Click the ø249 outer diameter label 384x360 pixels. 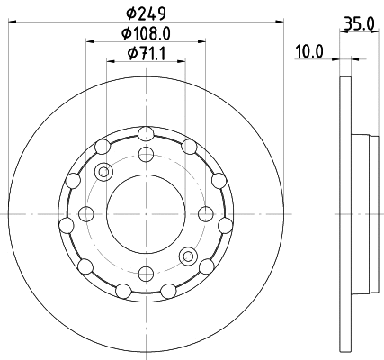coord(145,14)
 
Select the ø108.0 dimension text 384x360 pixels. coord(146,34)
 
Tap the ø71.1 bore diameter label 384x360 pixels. coord(145,54)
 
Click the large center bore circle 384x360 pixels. coord(146,213)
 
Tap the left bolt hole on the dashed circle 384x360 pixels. coord(86,213)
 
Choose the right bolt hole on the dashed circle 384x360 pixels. coord(205,213)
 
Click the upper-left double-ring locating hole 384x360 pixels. coord(103,171)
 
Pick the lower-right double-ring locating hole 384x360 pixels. coord(188,256)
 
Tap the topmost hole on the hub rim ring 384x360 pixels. coord(146,134)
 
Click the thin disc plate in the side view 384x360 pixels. coord(344,213)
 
